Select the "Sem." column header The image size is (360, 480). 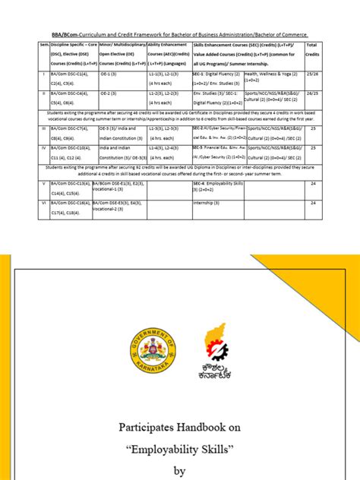tap(44, 46)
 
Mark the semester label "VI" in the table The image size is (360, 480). tap(44, 203)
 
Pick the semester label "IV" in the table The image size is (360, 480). tap(44, 148)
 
